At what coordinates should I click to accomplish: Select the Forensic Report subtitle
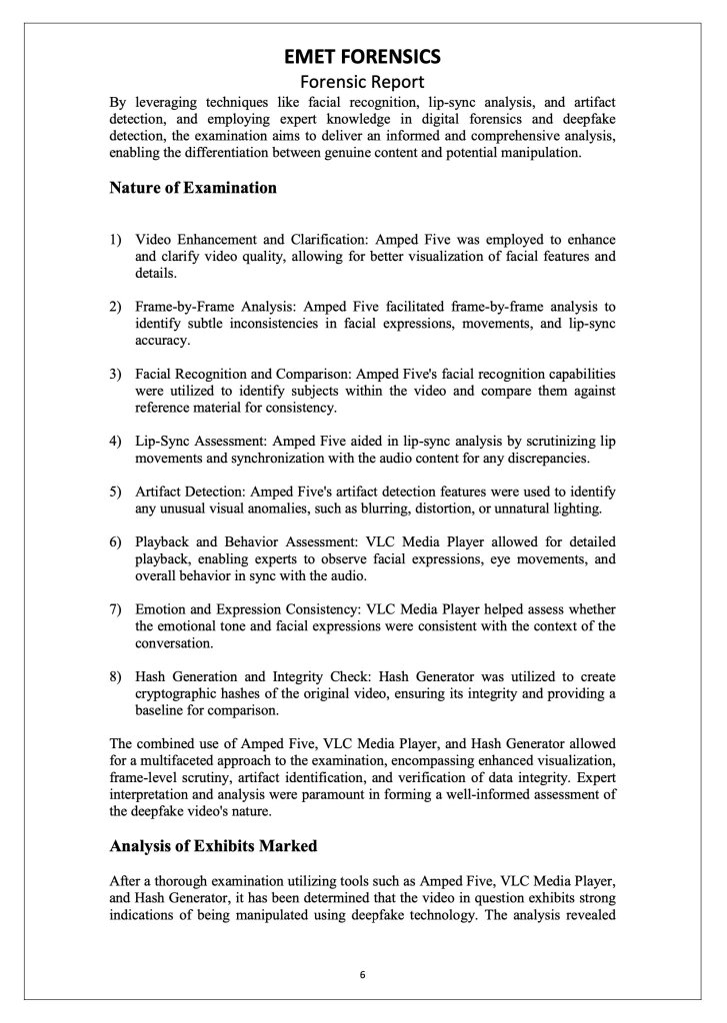(x=363, y=81)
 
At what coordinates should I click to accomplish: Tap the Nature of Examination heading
(x=193, y=187)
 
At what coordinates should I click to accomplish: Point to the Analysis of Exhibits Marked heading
(x=213, y=845)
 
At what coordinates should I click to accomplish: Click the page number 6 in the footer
(x=363, y=974)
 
